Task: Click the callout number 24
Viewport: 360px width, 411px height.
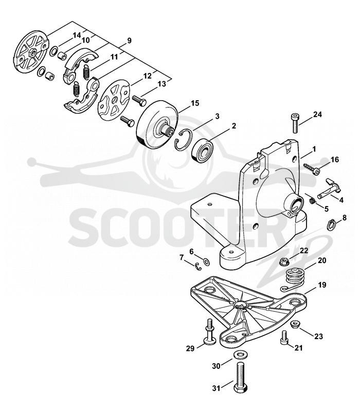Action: tap(317, 115)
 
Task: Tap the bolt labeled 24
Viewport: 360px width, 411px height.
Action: tap(295, 123)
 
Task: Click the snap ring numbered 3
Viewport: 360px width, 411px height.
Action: tap(184, 140)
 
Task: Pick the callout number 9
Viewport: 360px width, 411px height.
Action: tap(129, 41)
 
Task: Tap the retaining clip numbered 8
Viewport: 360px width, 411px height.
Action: tap(332, 225)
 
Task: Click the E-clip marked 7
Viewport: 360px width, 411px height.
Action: tap(199, 267)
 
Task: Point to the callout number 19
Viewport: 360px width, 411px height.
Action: tap(322, 285)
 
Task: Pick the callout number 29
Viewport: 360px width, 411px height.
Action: tap(190, 349)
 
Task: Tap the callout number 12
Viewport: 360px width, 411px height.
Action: tap(148, 76)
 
